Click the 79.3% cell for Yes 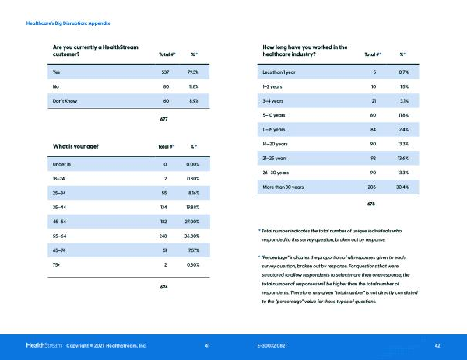pos(191,72)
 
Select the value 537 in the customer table pos(164,72)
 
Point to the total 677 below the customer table pos(164,119)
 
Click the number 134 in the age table pos(164,207)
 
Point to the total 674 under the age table pos(164,287)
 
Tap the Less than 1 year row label pos(283,72)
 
